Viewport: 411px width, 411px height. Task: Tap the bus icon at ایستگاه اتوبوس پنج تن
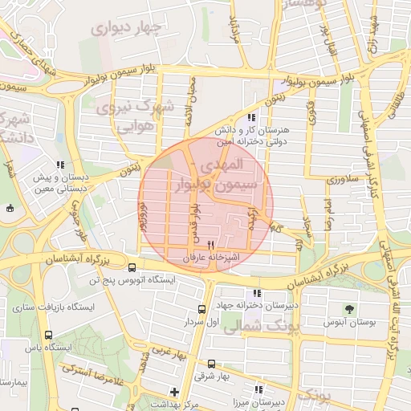[131, 268]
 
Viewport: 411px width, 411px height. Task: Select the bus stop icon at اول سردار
[201, 309]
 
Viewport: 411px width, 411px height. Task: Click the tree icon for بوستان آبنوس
[348, 308]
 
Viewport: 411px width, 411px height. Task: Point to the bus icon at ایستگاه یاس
[50, 335]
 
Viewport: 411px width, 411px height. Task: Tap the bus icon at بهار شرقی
[211, 364]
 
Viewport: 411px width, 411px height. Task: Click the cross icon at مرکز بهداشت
[175, 391]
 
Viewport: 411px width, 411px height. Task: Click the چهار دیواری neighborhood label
[127, 28]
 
